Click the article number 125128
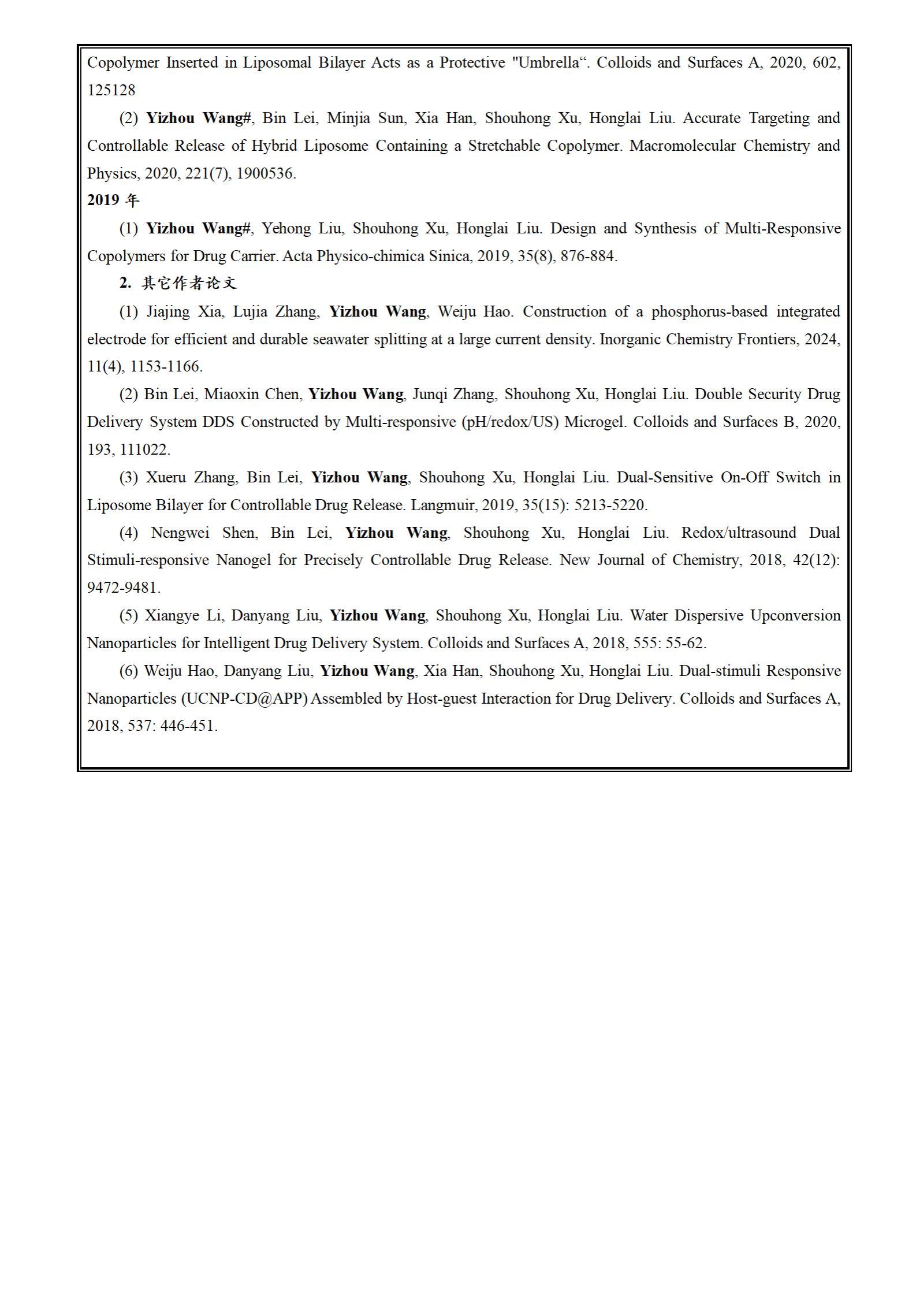pos(111,90)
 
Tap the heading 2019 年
pos(113,200)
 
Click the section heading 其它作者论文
pos(189,283)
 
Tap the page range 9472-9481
pos(124,588)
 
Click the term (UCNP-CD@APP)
pos(244,698)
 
